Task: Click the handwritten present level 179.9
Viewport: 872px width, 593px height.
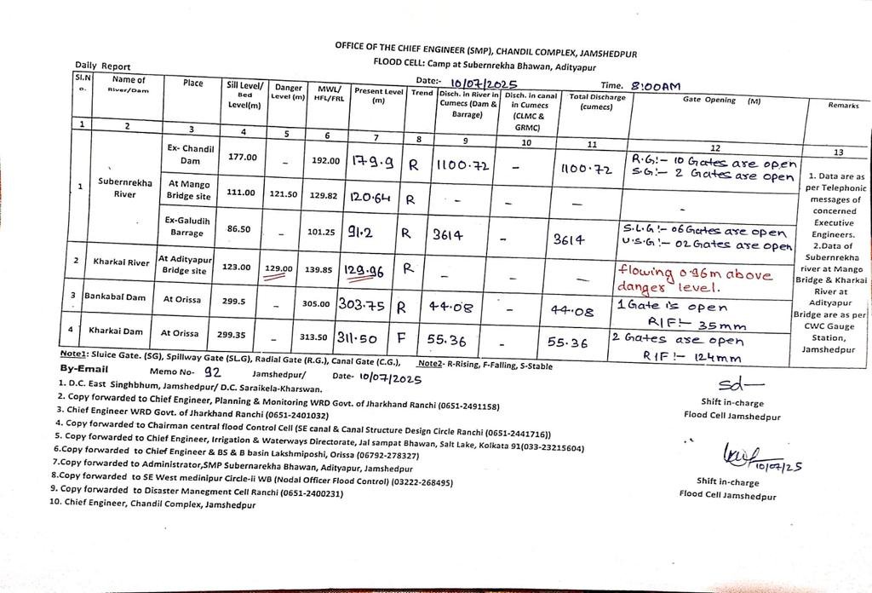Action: coord(372,158)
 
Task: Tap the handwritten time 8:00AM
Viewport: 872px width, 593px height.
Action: coord(656,86)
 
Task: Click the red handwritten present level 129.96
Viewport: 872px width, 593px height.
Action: coord(370,270)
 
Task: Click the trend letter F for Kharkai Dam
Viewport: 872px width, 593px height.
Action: coord(412,338)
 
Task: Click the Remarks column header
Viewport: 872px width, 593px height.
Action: coord(837,105)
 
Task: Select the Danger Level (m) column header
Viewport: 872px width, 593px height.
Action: coord(289,92)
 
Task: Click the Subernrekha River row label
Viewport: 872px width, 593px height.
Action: coord(125,187)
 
